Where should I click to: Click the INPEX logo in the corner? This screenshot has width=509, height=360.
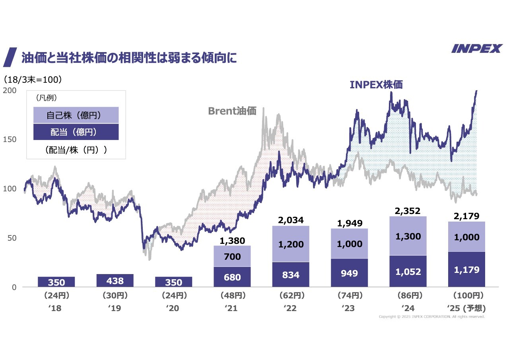point(477,49)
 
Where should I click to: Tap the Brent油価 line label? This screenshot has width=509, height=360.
point(232,111)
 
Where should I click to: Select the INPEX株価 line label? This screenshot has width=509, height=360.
point(376,85)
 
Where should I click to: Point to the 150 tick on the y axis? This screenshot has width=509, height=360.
point(10,139)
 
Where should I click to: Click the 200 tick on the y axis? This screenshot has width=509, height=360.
point(10,90)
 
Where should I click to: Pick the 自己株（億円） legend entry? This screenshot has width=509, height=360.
point(76,115)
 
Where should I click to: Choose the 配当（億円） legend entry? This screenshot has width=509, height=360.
point(76,132)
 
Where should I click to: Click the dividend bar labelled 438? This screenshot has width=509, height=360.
point(115,281)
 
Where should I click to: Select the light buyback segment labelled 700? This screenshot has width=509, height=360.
point(232,256)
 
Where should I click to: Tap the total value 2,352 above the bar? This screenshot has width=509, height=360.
point(408,210)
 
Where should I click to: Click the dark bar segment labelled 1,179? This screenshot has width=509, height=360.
point(466,270)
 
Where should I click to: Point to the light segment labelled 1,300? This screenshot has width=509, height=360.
point(408,236)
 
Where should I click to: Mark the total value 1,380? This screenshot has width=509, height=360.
point(232,240)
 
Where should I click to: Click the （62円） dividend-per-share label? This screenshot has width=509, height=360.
point(291,296)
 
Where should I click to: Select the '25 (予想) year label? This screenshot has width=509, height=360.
point(466,308)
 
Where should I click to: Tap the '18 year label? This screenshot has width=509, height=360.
point(56,308)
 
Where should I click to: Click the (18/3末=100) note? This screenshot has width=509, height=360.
point(33,80)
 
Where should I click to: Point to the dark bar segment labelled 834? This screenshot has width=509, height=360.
point(291,274)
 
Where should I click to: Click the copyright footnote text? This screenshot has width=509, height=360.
point(431,317)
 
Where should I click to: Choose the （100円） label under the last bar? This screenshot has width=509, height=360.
point(468,296)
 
